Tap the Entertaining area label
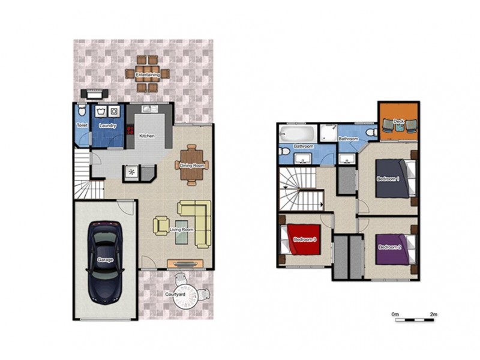147,74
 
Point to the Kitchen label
147,136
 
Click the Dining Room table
192,166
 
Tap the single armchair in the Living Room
161,226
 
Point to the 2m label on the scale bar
433,314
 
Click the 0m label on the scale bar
395,314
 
